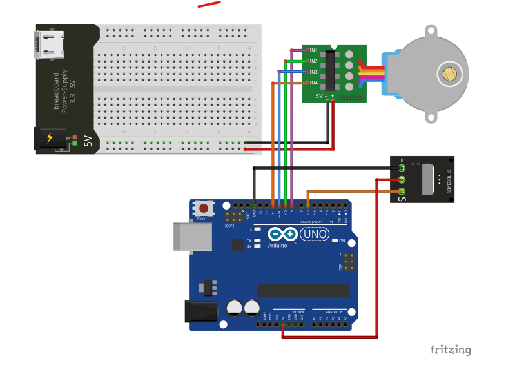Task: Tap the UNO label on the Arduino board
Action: (x=315, y=234)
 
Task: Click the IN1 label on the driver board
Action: (x=313, y=50)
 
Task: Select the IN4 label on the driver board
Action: (x=313, y=83)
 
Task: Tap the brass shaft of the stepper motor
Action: (x=449, y=74)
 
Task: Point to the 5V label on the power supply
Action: (x=88, y=141)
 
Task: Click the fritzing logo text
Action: (x=451, y=349)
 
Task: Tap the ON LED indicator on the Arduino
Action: (x=335, y=241)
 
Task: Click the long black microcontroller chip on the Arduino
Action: (x=303, y=290)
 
